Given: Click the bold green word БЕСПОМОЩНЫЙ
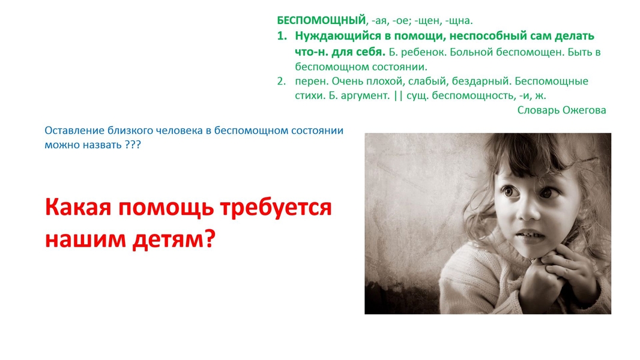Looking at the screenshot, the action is pos(321,20).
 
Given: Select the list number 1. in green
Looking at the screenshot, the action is pos(282,36).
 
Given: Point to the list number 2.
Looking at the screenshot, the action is pos(282,81).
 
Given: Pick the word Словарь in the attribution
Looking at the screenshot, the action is pos(538,110).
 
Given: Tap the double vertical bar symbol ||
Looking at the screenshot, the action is pos(399,95).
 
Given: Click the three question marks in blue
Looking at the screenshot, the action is pos(133,145).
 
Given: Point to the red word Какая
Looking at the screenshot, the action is pos(78,207).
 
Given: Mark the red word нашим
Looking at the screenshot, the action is pos(85,239).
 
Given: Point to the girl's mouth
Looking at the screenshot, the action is pos(530,236).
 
